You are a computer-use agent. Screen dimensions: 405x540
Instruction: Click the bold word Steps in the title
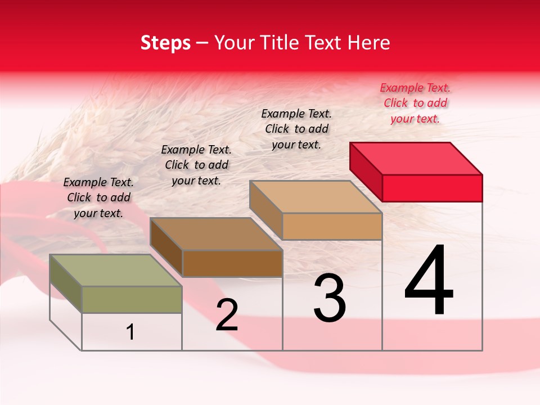165,43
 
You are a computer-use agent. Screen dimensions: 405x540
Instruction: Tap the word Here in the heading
368,43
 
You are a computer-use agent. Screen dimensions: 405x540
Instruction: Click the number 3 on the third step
330,298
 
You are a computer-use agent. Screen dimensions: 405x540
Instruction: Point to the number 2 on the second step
227,315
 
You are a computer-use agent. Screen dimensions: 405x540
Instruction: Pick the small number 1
130,332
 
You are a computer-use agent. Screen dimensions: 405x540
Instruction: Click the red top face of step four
416,158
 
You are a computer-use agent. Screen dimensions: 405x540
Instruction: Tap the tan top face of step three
316,196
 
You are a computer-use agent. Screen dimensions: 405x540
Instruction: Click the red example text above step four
415,103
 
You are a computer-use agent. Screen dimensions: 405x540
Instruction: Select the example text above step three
296,129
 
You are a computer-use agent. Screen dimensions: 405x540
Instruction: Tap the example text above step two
196,165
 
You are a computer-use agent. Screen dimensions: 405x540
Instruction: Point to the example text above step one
98,197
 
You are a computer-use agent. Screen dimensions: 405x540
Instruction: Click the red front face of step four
432,188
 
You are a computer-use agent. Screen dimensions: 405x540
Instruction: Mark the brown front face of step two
232,263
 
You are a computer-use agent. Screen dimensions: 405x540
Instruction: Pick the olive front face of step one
132,299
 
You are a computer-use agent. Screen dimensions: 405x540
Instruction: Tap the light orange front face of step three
332,226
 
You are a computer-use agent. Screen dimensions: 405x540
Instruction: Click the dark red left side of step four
366,170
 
